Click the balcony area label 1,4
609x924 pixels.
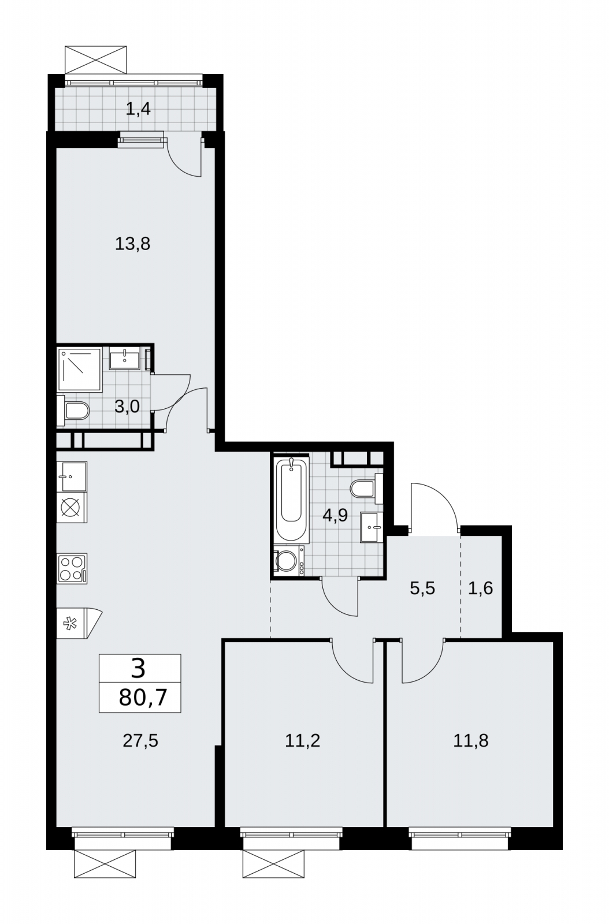pos(138,109)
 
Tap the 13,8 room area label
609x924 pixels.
pos(132,244)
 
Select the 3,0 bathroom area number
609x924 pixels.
pos(127,407)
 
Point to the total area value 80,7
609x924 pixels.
pos(143,698)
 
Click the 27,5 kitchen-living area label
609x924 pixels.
pos(140,741)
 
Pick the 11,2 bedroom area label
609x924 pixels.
pos(302,741)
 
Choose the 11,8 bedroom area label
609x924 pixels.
pos(471,741)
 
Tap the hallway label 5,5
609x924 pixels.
pos(422,588)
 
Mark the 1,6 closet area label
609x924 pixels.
pos(480,588)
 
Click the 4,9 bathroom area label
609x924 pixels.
pos(335,516)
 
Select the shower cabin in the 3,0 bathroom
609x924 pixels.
pos(80,370)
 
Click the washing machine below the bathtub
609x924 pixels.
pos(289,560)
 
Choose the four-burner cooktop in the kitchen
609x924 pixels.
pos(72,569)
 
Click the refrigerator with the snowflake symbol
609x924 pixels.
pos(79,624)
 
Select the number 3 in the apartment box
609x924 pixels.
pos(138,669)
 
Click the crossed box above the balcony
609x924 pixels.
pos(95,60)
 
